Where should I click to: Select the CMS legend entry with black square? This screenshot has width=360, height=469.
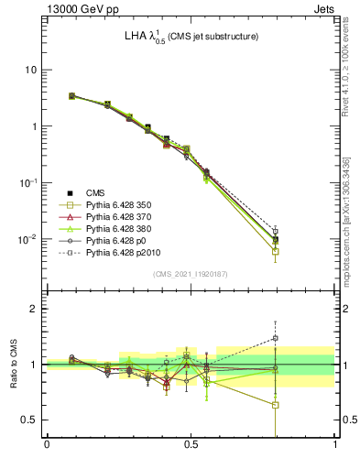coord(95,193)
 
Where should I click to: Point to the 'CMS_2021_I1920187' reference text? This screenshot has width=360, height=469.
coord(191,274)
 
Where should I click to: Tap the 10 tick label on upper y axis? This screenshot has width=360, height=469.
coord(30,70)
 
